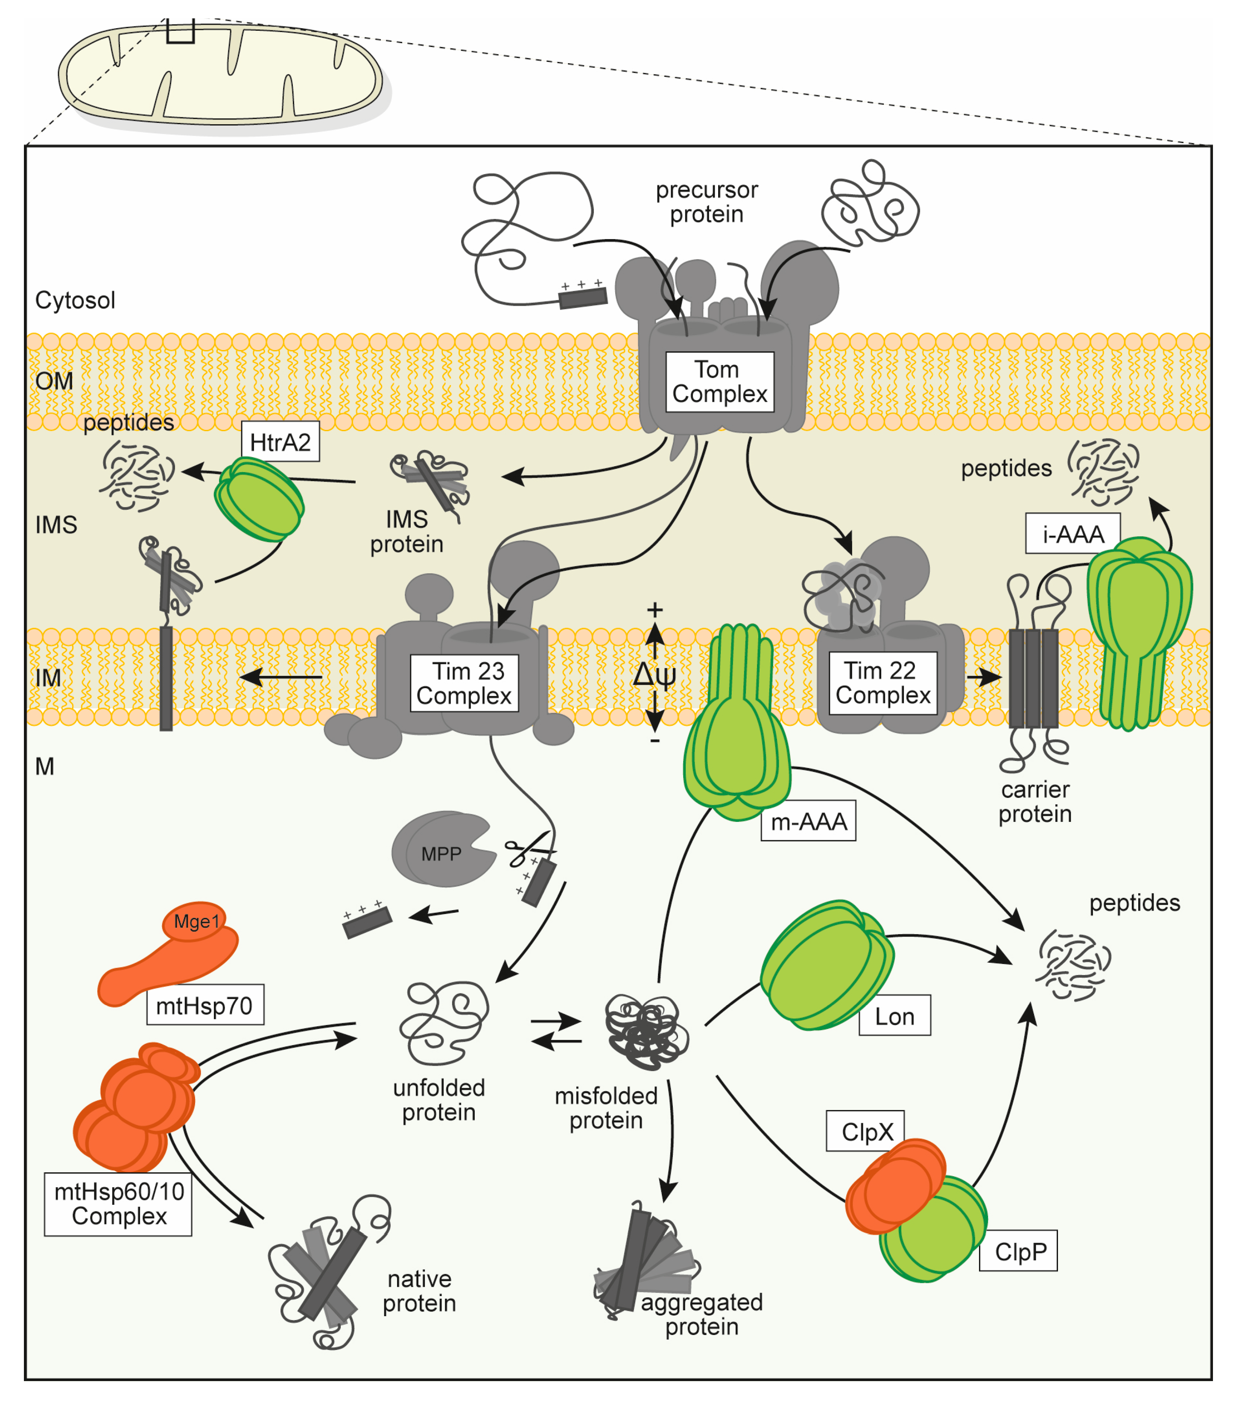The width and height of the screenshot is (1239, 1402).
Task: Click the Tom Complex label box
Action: point(720,382)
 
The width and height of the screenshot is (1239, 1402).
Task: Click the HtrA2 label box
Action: point(280,442)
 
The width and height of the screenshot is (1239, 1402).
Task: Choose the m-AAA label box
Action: point(808,821)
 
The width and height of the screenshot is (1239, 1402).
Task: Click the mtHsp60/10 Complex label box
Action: point(118,1204)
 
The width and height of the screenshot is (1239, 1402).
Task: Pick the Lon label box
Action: point(894,1016)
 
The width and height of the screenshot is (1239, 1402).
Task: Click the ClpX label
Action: point(865,1132)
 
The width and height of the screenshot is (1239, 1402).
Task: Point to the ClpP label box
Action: point(1018,1252)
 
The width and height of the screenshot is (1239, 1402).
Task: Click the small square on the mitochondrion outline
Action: point(181,31)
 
